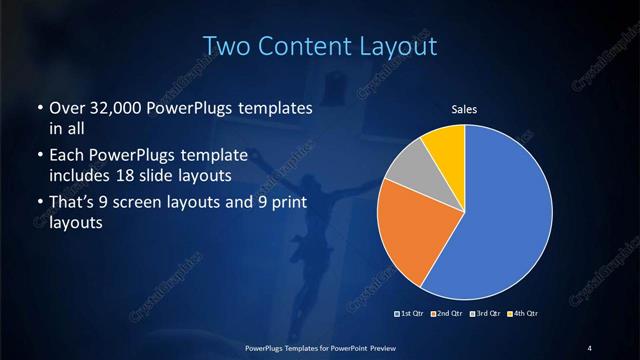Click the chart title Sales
pos(463,109)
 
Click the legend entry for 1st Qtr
pos(411,314)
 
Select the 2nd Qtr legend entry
pos(446,314)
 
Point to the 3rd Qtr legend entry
pos(483,314)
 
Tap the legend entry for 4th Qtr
pos(519,314)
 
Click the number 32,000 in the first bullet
pos(120,107)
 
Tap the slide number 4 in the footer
pos(590,347)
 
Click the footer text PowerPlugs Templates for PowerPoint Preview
pos(319,347)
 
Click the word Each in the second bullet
pos(66,156)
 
